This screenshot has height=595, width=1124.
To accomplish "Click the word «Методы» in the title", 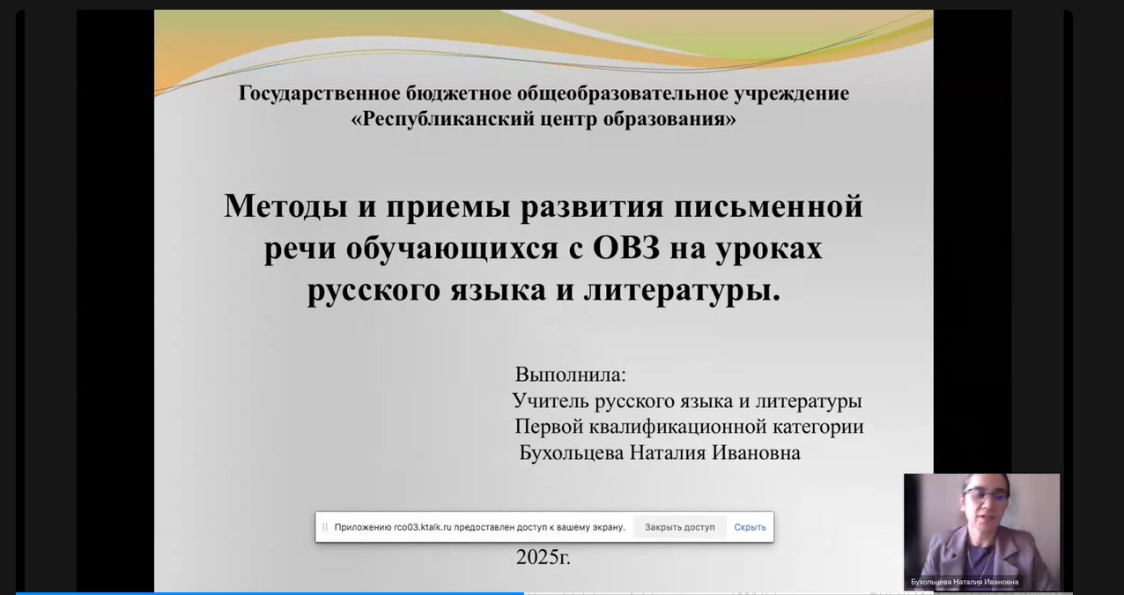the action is click(285, 207).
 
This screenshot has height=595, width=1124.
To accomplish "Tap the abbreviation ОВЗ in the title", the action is click(626, 248).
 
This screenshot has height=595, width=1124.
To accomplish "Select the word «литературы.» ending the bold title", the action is click(682, 291).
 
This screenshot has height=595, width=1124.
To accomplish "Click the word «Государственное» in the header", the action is click(319, 94).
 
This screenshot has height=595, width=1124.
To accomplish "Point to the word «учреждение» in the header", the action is click(792, 94).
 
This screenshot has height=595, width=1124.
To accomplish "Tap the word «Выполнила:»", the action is click(571, 375).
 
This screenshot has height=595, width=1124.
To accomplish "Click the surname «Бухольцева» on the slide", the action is click(572, 453).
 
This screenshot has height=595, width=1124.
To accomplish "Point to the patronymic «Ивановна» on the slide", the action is click(756, 453).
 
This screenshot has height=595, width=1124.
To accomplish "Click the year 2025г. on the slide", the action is click(543, 557).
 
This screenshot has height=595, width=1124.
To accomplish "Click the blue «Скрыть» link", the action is click(750, 527).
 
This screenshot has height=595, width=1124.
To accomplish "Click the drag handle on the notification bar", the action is click(325, 527).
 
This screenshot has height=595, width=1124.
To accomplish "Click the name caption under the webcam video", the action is click(965, 582).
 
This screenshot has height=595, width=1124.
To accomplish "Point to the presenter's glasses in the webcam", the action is click(986, 496).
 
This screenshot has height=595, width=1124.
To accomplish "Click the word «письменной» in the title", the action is click(768, 207).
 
